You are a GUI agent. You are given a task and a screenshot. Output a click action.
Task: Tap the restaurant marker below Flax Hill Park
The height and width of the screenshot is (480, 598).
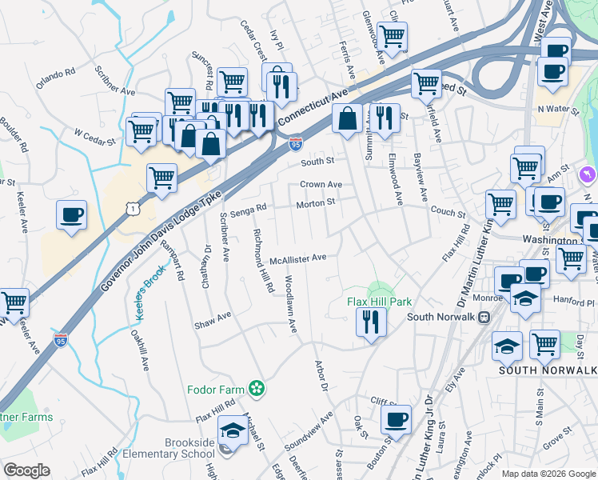pos(372,321)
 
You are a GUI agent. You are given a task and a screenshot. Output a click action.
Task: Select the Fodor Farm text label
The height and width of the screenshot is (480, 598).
pos(215,390)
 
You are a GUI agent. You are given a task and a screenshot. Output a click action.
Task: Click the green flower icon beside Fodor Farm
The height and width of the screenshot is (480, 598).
pos(257,390)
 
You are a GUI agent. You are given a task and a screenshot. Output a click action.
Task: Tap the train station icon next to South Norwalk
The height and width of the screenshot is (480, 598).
pos(484,317)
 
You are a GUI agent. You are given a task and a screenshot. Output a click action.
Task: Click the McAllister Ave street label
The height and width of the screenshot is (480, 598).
pos(297,258)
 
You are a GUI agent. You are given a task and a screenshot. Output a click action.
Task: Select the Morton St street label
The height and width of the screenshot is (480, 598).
pos(315,202)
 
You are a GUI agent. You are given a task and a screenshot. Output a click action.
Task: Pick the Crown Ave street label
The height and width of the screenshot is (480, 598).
pos(321,184)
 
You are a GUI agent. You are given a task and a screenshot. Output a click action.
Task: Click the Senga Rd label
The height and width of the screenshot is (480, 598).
pos(247,211)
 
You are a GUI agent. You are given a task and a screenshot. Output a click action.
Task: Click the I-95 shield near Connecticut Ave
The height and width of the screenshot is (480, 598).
pos(296,144)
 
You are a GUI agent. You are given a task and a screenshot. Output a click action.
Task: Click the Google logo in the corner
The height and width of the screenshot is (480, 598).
pos(27,470)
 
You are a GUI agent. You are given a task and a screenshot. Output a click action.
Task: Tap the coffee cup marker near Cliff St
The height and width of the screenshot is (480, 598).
pos(396,419)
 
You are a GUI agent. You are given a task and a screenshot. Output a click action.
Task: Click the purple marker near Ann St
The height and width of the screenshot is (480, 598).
pos(588,174)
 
